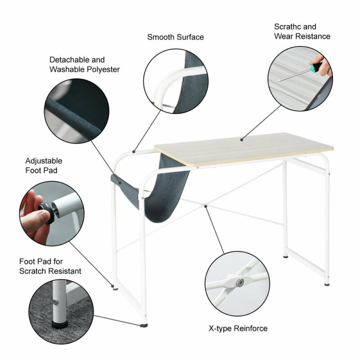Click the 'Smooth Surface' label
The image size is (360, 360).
pyautogui.click(x=175, y=37)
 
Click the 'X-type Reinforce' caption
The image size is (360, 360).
pyautogui.click(x=238, y=328)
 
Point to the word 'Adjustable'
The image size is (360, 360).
pyautogui.click(x=44, y=161)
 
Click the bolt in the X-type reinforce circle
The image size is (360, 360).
pyautogui.click(x=240, y=282)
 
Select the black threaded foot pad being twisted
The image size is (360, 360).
pyautogui.click(x=48, y=213)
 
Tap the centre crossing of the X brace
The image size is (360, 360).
pyautogui.click(x=205, y=204)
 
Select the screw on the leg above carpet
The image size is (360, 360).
pyautogui.click(x=55, y=302)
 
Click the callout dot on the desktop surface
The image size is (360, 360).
pyautogui.click(x=242, y=139)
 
